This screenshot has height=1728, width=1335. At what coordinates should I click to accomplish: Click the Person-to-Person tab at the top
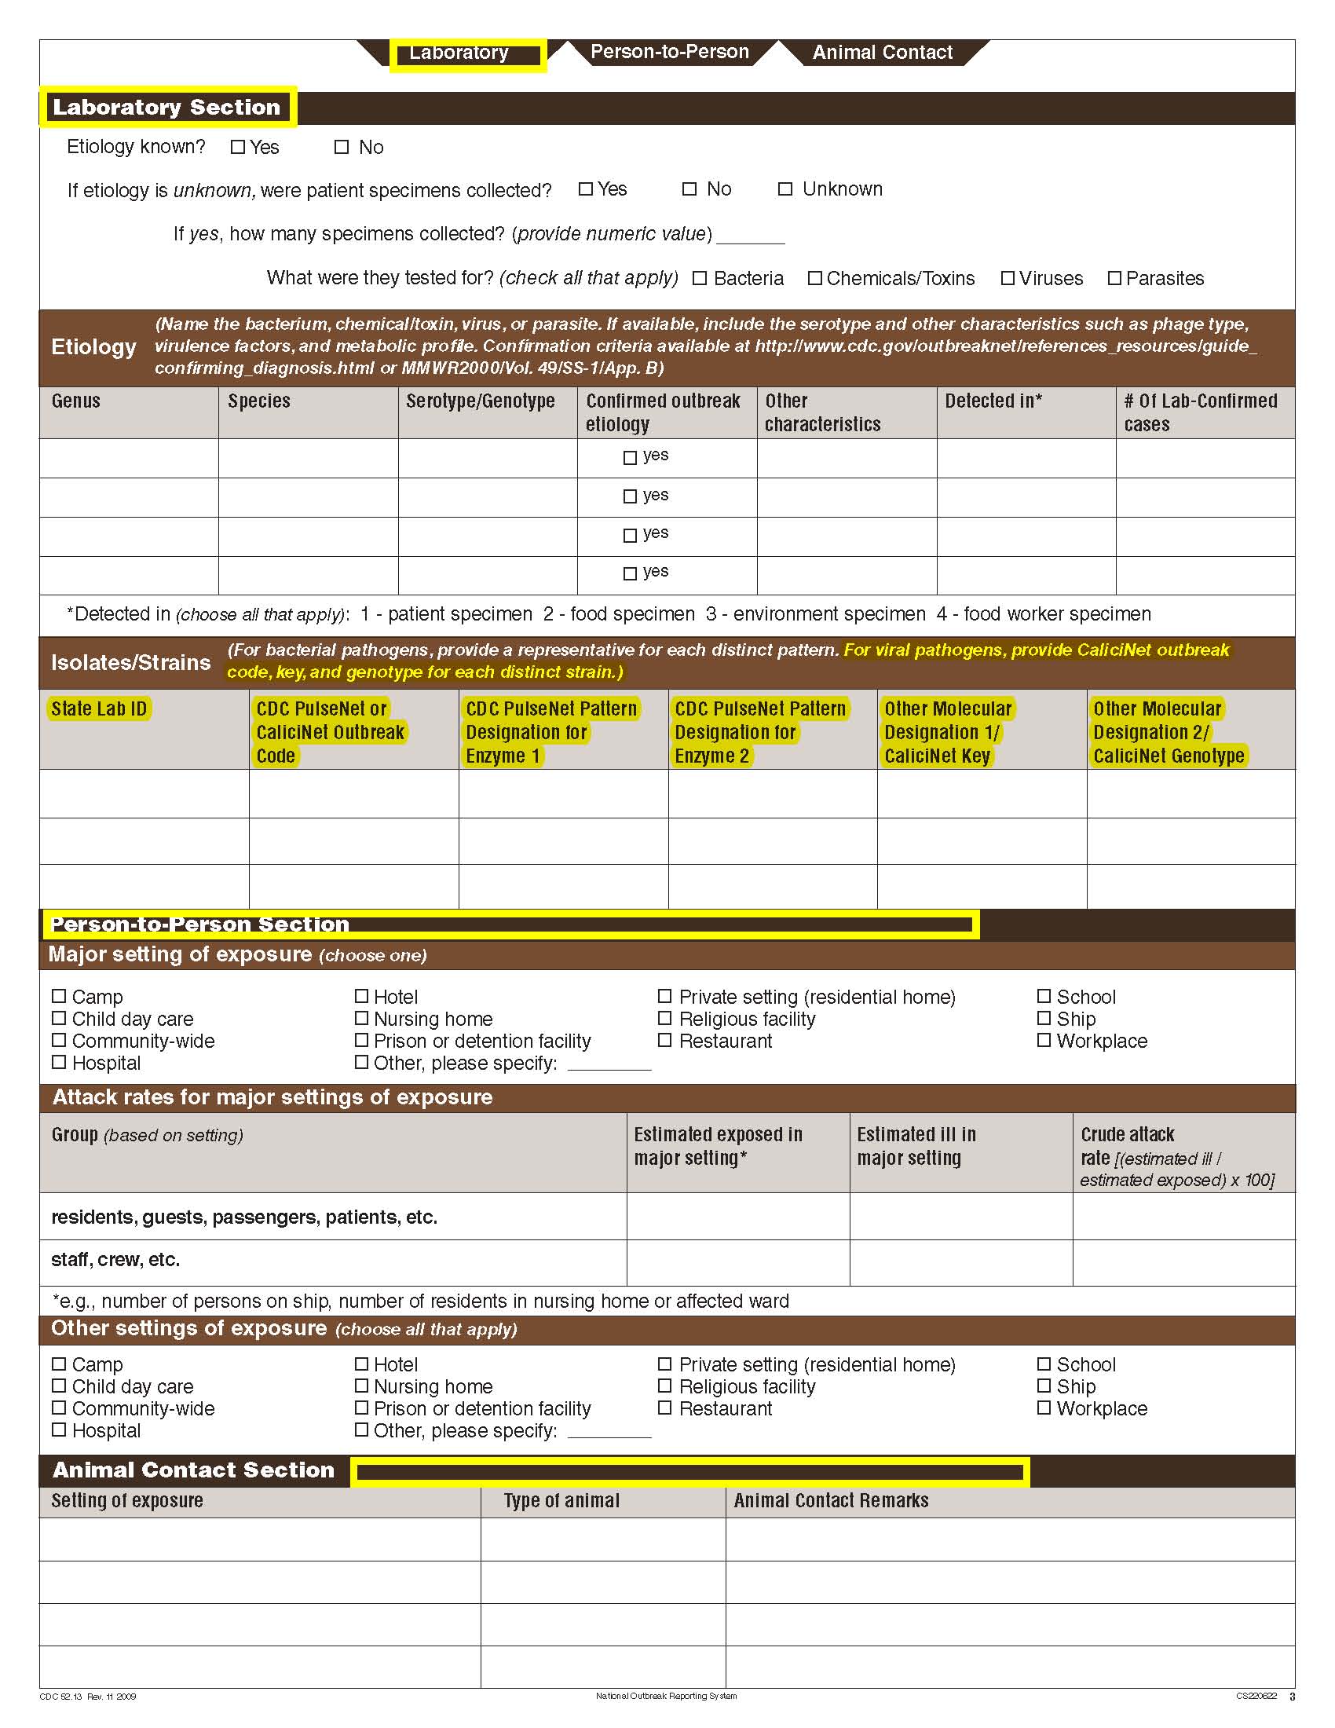[669, 52]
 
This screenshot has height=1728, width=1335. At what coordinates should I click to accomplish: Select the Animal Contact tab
[882, 53]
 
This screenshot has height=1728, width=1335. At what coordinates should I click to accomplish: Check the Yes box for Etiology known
[237, 147]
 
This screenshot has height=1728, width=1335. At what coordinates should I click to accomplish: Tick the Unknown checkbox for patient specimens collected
[785, 189]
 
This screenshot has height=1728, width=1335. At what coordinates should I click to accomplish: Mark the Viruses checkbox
[1008, 279]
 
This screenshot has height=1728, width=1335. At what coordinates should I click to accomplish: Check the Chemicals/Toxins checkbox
[814, 279]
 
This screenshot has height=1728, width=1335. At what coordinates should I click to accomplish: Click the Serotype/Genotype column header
[480, 401]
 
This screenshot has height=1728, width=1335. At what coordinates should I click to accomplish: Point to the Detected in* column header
[993, 401]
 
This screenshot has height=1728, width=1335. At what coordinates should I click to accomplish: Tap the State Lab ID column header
[99, 709]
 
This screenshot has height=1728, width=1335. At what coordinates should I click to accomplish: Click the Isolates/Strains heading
[130, 663]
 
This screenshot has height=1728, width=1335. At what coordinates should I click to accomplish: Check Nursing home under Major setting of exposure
[361, 1018]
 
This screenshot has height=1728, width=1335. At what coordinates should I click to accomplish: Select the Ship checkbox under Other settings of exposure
[1044, 1386]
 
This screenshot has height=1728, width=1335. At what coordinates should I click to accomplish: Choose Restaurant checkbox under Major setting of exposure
[665, 1041]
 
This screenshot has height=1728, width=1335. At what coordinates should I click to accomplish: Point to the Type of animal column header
[561, 1501]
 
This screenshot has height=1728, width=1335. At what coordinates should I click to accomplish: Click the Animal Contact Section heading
[194, 1470]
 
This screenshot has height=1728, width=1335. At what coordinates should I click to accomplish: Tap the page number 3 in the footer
[1293, 1697]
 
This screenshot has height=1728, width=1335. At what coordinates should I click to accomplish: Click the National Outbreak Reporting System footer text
[666, 1697]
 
